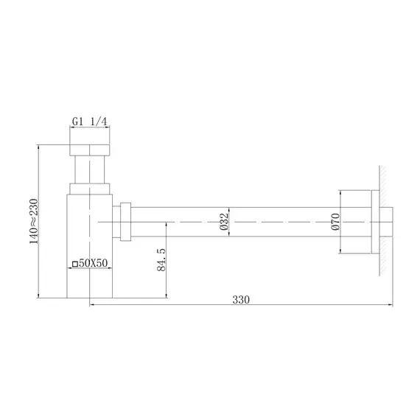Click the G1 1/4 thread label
[x=89, y=122]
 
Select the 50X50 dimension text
[x=94, y=263]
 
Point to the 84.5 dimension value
[x=161, y=260]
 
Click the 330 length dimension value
[x=241, y=299]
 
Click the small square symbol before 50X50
[x=74, y=263]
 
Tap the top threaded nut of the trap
[x=89, y=141]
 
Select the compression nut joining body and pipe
[x=125, y=221]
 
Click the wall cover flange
[x=362, y=221]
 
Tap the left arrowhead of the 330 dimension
[x=92, y=306]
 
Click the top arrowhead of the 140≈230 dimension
[x=37, y=147]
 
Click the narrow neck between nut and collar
[x=89, y=168]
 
